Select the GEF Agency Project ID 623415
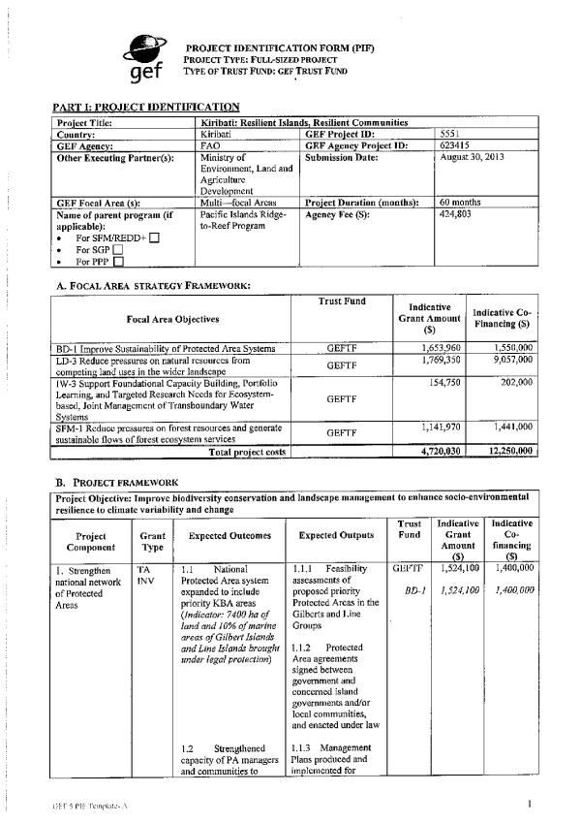tap(454, 145)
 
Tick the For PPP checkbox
tap(117, 260)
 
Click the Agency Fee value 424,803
tap(456, 213)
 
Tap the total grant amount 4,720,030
tap(438, 451)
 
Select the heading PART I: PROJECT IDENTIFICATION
tap(145, 107)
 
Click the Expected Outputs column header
tap(331, 534)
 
